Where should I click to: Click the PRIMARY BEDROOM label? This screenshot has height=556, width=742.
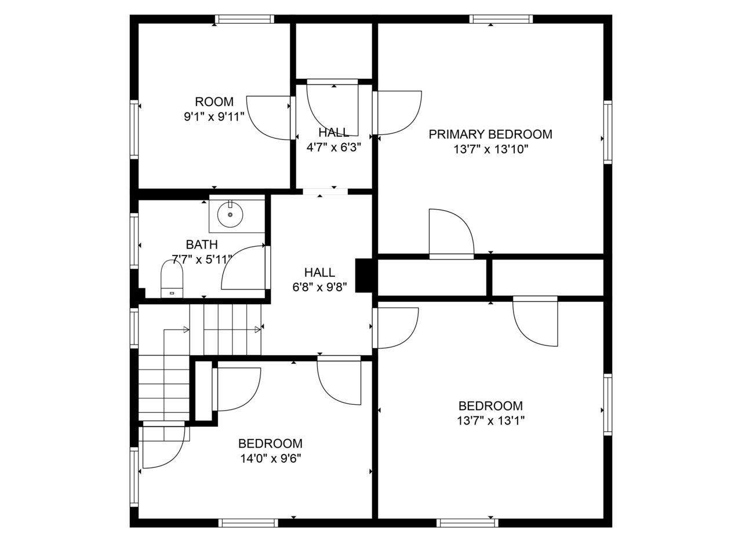click(x=490, y=134)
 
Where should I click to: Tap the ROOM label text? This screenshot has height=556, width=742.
click(x=214, y=101)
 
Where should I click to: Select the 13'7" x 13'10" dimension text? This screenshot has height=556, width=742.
click(x=490, y=149)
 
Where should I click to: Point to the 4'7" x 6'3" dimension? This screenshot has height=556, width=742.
click(x=334, y=147)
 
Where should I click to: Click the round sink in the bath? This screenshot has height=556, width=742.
click(x=230, y=214)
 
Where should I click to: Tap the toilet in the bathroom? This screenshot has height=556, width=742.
click(x=172, y=279)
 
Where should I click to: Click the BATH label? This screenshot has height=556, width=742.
click(x=202, y=244)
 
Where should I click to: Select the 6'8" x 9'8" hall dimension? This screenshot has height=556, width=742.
click(x=319, y=287)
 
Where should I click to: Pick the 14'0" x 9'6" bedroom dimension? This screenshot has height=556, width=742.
click(x=271, y=459)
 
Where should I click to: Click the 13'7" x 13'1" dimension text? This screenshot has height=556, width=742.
click(x=490, y=420)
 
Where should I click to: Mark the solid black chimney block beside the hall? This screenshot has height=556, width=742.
click(x=363, y=275)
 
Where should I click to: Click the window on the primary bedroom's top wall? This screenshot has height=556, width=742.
click(x=501, y=19)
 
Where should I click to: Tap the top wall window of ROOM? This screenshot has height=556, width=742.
click(x=245, y=19)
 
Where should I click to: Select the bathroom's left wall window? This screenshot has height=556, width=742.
click(x=134, y=241)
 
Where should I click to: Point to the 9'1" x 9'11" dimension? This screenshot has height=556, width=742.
click(x=214, y=117)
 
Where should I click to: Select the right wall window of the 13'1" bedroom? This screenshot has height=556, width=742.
click(x=608, y=405)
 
